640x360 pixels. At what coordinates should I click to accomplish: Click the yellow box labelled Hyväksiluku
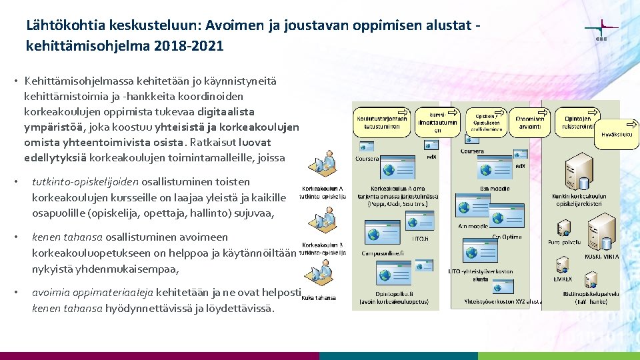click(x=617, y=133)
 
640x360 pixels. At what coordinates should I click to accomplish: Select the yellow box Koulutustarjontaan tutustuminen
click(x=382, y=121)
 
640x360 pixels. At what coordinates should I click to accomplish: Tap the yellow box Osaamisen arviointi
click(x=530, y=122)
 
